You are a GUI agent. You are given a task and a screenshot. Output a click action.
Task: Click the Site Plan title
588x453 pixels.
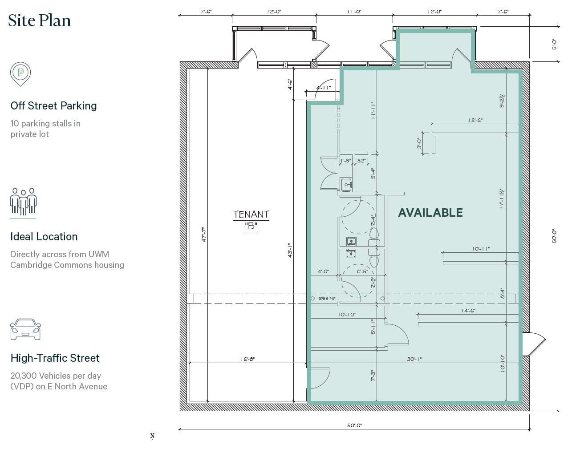click(x=40, y=21)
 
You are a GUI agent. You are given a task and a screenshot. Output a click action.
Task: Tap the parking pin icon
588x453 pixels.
click(x=21, y=73)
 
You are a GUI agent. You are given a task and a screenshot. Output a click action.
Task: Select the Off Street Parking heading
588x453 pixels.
click(x=53, y=106)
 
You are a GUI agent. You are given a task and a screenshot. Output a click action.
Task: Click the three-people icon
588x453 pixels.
click(x=23, y=202)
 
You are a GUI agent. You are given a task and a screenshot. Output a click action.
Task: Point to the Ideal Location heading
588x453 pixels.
click(x=44, y=237)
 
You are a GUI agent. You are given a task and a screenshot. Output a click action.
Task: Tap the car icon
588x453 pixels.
click(x=25, y=329)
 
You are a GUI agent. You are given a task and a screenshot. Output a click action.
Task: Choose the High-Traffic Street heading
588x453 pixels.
click(x=55, y=358)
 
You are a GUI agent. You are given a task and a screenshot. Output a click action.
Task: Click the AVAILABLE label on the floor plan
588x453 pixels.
click(x=430, y=213)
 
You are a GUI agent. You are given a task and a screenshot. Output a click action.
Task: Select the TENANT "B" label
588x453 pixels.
click(x=251, y=220)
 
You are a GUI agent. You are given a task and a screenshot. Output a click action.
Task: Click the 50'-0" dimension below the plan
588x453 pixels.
click(x=354, y=425)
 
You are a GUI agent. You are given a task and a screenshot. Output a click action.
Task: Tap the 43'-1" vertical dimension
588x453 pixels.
click(x=289, y=251)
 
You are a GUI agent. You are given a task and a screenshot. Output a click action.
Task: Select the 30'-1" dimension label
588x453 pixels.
click(x=414, y=359)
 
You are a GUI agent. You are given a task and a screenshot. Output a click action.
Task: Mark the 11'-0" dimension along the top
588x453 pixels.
click(x=354, y=12)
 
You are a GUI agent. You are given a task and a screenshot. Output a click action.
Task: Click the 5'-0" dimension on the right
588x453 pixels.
click(x=555, y=44)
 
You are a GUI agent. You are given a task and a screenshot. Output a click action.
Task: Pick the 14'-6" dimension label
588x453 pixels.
click(x=468, y=311)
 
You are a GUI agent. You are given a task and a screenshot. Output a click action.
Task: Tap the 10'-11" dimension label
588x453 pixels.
click(x=481, y=249)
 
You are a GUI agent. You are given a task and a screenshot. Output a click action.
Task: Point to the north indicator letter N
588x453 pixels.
click(x=152, y=436)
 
